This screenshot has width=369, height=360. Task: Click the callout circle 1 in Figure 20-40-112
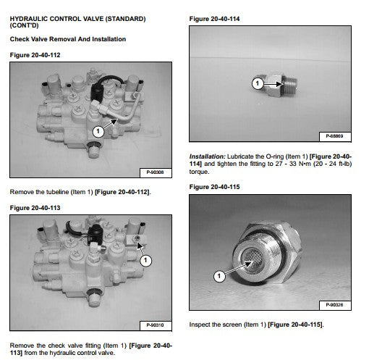click(x=98, y=131)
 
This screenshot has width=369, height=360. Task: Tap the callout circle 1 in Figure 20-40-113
click(x=145, y=261)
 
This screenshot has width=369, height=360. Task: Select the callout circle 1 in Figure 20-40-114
click(x=258, y=83)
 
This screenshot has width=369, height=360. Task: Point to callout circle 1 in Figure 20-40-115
click(x=219, y=276)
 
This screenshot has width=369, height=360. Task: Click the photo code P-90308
click(x=155, y=172)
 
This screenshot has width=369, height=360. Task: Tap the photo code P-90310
click(x=155, y=325)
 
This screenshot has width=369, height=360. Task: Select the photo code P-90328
click(x=334, y=305)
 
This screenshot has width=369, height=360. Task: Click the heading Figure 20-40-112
click(x=35, y=55)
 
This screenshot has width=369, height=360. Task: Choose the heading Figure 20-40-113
click(x=35, y=208)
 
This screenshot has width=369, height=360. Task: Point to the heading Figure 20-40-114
click(x=214, y=19)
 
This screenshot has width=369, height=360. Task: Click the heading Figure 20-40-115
click(x=214, y=187)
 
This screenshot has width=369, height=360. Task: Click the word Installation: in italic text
click(x=207, y=156)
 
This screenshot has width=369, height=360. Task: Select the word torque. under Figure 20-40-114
click(x=199, y=172)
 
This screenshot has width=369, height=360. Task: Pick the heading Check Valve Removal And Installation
click(x=68, y=39)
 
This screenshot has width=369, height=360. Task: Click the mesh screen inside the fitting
click(x=250, y=257)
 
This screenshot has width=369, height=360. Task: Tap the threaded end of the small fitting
click(x=290, y=85)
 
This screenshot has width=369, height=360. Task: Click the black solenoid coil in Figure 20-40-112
click(x=97, y=91)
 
